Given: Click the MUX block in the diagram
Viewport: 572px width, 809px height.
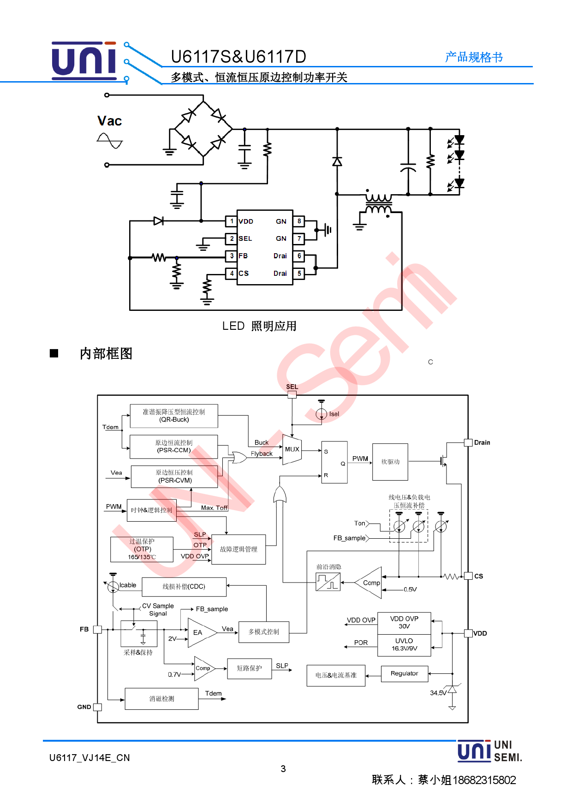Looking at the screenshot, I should point(292,449).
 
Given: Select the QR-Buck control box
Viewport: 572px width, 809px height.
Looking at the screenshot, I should point(174,416).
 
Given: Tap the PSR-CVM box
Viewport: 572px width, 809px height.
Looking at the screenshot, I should point(174,476).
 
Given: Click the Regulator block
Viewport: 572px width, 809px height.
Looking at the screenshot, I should point(405,673).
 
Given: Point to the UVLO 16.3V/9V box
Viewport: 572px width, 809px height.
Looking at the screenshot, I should point(404,645).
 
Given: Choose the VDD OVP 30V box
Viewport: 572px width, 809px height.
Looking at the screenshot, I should point(404,623).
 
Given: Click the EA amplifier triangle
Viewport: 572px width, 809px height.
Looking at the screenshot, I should point(200,632).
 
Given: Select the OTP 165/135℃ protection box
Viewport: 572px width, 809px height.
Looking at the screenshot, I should point(142,549).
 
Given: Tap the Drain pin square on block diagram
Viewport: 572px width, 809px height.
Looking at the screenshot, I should point(468,442).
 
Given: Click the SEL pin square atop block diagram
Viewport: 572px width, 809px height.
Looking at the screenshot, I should point(292,394).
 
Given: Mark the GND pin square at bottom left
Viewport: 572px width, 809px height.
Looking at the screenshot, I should point(97,707).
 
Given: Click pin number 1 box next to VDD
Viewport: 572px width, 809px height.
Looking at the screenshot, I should point(232,221).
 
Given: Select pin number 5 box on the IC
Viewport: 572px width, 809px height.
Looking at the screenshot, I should point(299,274).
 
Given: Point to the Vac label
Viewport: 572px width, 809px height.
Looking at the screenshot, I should point(110,121).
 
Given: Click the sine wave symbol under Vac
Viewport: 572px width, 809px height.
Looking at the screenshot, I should point(110,141).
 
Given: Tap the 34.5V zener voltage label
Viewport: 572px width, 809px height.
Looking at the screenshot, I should point(438,693).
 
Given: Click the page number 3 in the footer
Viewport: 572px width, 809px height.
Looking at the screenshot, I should point(283,769).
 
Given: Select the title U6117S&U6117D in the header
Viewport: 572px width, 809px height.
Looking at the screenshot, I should point(238,57).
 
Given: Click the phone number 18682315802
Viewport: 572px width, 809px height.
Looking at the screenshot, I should point(484,780).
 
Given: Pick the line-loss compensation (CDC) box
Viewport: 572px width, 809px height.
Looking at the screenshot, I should point(184,587).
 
